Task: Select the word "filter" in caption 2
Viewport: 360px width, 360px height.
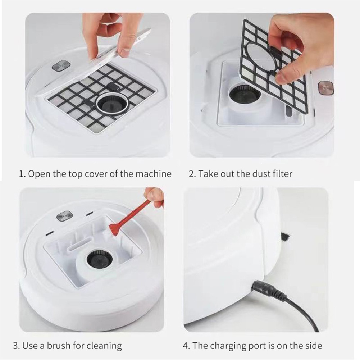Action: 282,174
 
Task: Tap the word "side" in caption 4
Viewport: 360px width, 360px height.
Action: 312,346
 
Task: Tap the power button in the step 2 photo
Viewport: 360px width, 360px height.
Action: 325,88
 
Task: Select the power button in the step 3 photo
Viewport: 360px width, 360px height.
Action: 65,215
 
